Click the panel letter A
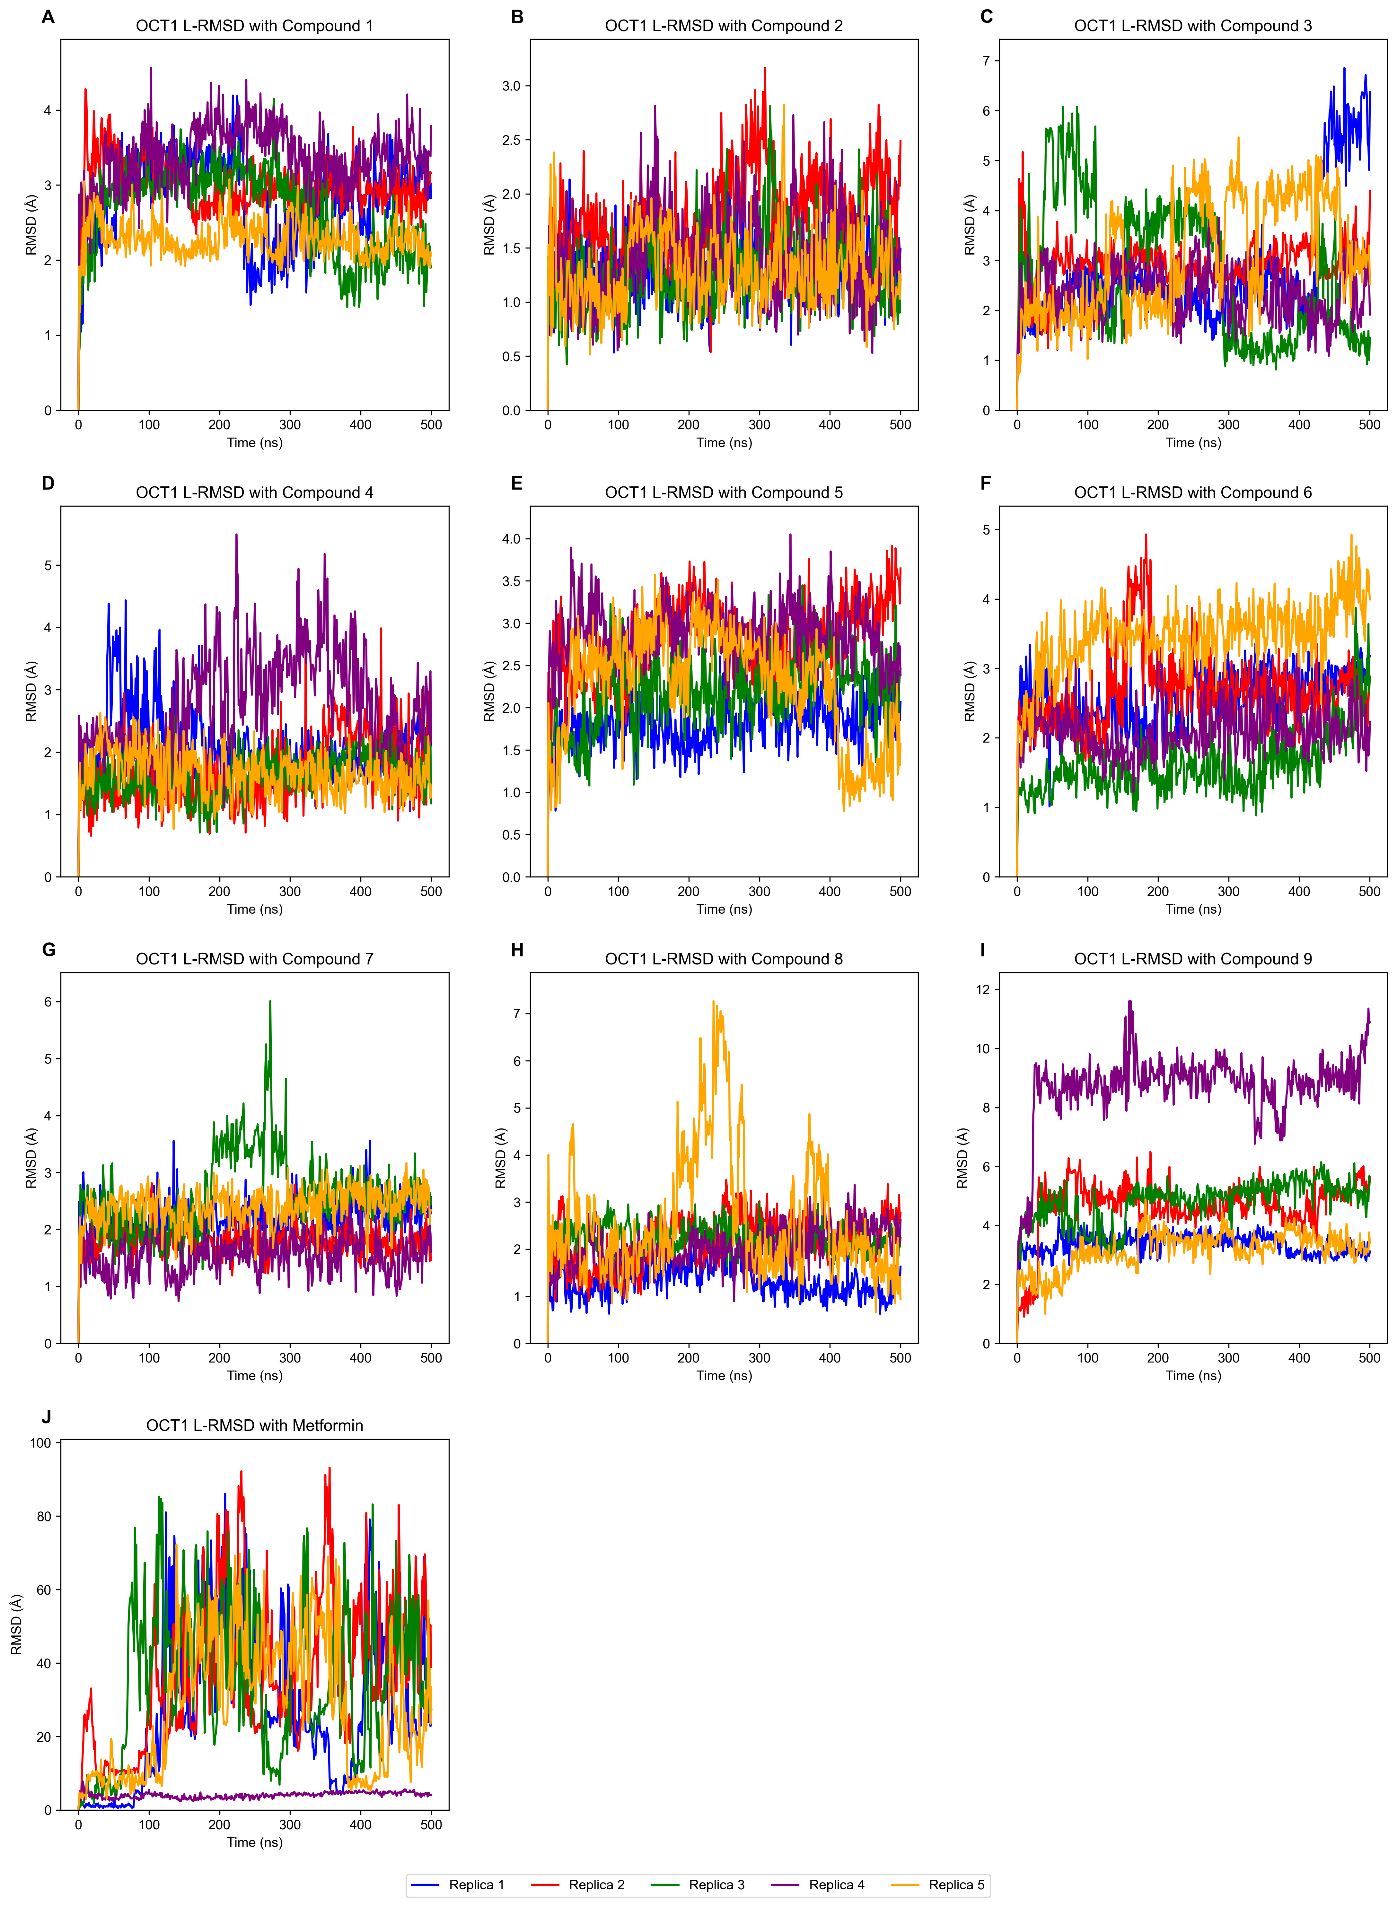click(x=48, y=17)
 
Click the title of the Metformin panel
click(x=255, y=1425)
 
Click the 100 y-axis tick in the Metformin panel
click(x=40, y=1443)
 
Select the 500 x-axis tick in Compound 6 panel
click(x=1369, y=891)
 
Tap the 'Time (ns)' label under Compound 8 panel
click(x=724, y=1375)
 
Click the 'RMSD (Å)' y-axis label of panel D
click(x=31, y=692)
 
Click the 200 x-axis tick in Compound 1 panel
click(x=219, y=424)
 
